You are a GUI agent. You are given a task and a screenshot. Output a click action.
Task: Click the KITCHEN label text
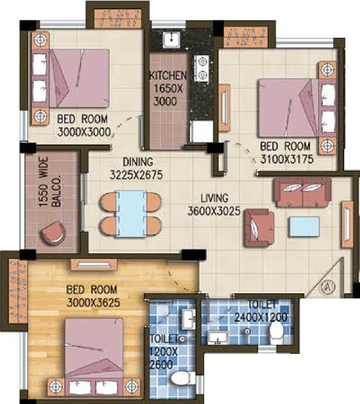pos(168,76)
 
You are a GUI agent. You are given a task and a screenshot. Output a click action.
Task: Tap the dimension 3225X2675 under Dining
pos(136,175)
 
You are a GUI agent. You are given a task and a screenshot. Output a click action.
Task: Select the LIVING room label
pos(215,198)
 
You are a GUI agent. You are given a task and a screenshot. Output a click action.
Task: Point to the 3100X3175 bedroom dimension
pos(287,159)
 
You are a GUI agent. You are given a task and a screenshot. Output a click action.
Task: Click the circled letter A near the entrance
pos(328,286)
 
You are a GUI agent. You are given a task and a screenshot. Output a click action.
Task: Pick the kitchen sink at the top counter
pos(171,40)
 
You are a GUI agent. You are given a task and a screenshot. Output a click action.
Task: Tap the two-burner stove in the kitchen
pos(203,68)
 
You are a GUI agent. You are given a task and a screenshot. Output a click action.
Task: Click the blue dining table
pos(131,214)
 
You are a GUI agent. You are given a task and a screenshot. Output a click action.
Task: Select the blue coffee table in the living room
pos(304,226)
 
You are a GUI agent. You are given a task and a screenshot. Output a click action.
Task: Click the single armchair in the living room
pos(259,228)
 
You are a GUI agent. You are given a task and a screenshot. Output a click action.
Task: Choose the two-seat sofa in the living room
pos(303,192)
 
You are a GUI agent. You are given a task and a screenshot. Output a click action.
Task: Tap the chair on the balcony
pos(53,233)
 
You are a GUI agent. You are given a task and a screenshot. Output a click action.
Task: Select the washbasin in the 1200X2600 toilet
pos(189,319)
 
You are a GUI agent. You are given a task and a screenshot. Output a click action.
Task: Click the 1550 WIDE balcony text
pos(44,182)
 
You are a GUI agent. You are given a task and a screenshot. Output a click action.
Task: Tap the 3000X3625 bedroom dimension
pos(93,303)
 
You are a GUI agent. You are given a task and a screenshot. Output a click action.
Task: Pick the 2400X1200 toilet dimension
pos(261,317)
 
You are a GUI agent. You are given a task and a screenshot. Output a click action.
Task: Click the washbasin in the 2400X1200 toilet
pos(218,338)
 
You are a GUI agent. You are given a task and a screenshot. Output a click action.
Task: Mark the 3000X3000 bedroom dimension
pos(84,132)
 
